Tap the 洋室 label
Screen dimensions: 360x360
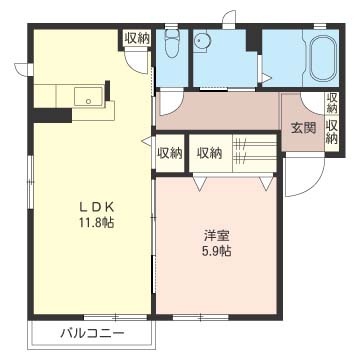click(x=217, y=236)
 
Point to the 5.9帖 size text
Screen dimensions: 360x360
click(x=217, y=251)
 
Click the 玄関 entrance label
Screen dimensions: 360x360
click(x=303, y=128)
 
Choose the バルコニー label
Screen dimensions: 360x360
click(x=91, y=333)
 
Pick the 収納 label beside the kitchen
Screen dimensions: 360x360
click(x=138, y=38)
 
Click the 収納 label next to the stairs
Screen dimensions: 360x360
click(x=209, y=153)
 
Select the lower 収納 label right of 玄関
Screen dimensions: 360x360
click(x=332, y=132)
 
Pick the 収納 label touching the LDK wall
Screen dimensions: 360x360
click(x=169, y=153)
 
